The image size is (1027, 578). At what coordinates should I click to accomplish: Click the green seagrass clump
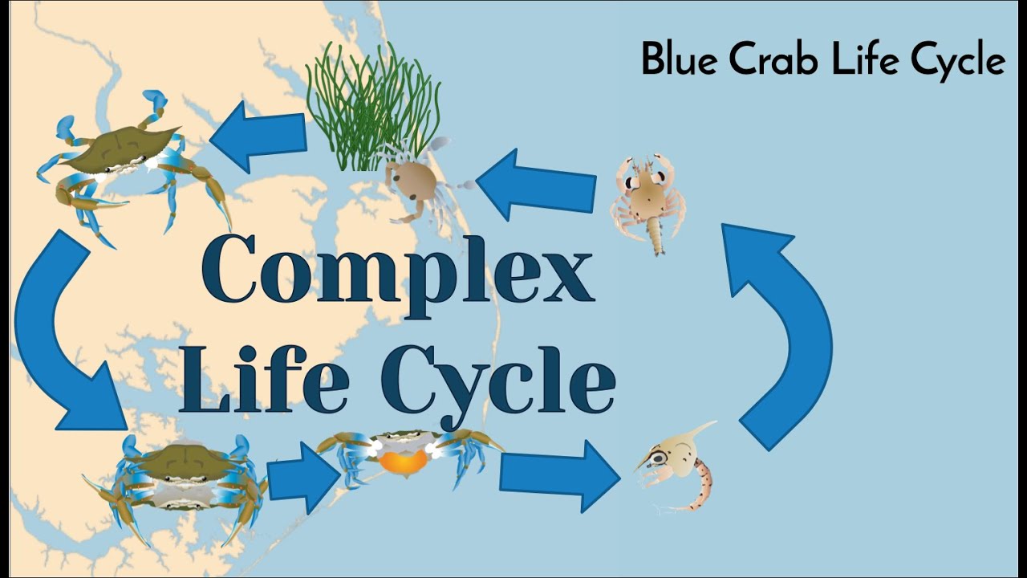(x=373, y=108)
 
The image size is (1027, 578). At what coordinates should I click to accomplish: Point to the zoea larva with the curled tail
(x=678, y=470)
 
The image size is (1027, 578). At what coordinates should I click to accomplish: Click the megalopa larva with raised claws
(x=647, y=201)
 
